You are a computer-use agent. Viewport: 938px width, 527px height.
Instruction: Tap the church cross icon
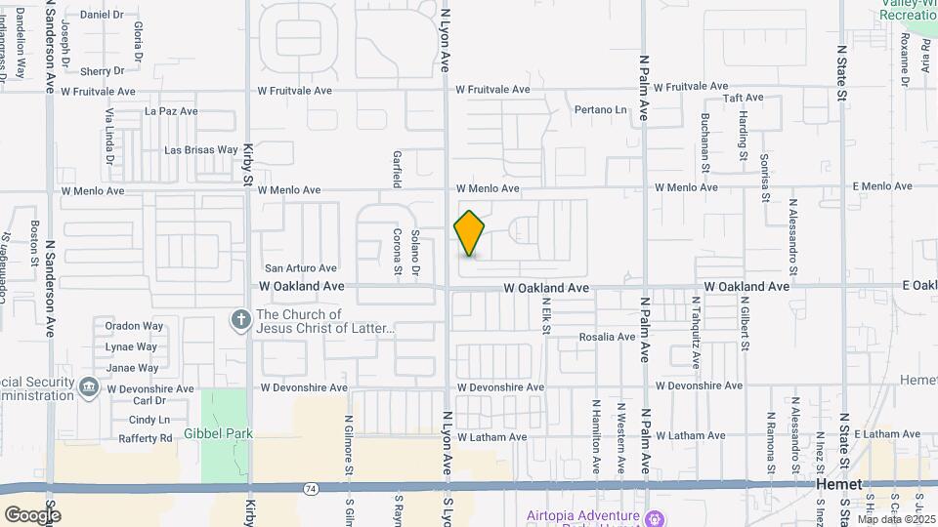click(240, 320)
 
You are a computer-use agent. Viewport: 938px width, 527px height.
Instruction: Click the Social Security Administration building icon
click(89, 387)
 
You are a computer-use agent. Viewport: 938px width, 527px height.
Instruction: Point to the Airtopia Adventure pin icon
click(654, 517)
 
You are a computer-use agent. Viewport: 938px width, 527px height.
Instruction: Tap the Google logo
click(32, 514)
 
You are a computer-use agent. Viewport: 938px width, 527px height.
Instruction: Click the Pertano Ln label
click(599, 110)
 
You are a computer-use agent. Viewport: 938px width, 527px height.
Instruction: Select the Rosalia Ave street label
click(608, 338)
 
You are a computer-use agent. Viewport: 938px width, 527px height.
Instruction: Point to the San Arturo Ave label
click(301, 268)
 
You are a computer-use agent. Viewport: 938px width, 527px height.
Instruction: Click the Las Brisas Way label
click(200, 150)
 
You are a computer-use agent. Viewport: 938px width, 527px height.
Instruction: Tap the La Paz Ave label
click(171, 111)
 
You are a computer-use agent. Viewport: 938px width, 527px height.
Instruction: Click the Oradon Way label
click(135, 326)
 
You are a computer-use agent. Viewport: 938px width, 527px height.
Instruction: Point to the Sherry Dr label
click(102, 71)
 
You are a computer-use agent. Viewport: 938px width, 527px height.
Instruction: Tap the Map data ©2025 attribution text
click(895, 519)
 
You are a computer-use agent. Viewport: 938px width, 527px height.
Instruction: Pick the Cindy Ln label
click(149, 420)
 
